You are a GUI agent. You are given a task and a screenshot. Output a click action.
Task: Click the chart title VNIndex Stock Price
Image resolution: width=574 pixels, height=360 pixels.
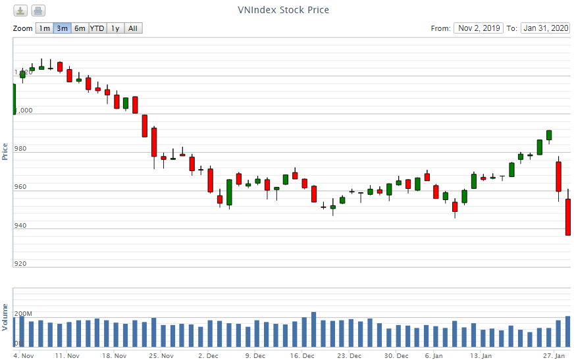pyautogui.click(x=283, y=10)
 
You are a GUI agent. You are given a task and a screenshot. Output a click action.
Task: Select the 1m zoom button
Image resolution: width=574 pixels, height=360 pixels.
pyautogui.click(x=44, y=28)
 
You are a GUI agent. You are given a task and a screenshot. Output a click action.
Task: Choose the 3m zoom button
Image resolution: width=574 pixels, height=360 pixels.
pyautogui.click(x=62, y=28)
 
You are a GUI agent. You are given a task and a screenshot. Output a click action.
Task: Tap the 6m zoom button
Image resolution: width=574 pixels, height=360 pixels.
pyautogui.click(x=80, y=28)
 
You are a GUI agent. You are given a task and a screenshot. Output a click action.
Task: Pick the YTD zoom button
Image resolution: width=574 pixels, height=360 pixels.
pyautogui.click(x=97, y=28)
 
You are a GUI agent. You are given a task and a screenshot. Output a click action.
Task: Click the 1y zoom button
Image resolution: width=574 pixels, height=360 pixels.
pyautogui.click(x=115, y=28)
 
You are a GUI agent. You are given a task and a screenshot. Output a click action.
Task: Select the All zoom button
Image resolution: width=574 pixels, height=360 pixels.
pyautogui.click(x=133, y=28)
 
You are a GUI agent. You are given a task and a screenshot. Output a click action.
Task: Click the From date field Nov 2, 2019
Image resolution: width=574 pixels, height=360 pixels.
pyautogui.click(x=479, y=28)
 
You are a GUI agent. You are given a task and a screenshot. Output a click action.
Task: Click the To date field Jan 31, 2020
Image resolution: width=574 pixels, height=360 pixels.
pyautogui.click(x=545, y=28)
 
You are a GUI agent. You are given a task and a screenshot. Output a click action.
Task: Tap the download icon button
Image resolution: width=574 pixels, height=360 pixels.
pyautogui.click(x=21, y=11)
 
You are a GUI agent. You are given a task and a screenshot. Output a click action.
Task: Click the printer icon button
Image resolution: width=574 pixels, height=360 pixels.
pyautogui.click(x=38, y=11)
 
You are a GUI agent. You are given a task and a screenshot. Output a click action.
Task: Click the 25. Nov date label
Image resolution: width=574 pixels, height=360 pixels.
pyautogui.click(x=162, y=356)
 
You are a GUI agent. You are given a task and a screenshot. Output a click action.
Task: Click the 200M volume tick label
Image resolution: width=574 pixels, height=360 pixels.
pyautogui.click(x=23, y=314)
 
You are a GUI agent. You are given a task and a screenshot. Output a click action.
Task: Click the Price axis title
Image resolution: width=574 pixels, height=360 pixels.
pyautogui.click(x=5, y=151)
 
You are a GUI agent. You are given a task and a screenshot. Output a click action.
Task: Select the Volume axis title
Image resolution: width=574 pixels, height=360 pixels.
pyautogui.click(x=5, y=317)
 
